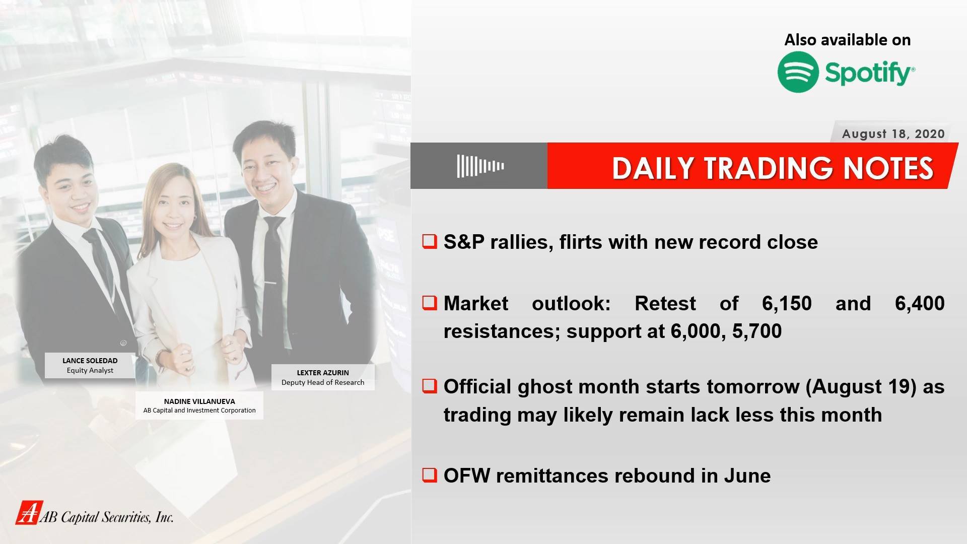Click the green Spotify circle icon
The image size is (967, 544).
point(798,72)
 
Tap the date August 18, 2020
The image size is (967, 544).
point(893,134)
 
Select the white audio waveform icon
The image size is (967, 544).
point(480,166)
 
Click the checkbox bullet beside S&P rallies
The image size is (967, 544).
point(430,241)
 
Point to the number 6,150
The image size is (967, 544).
point(787,303)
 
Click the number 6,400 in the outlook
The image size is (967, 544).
point(920,303)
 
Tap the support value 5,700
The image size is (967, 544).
point(757,331)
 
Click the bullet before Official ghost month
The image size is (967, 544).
point(430,386)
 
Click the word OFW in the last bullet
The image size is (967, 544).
point(466,475)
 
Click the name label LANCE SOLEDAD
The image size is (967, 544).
point(90,361)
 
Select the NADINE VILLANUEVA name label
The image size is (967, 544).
point(199,401)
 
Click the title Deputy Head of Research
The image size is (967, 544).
point(323,382)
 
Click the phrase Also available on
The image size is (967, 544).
point(848,40)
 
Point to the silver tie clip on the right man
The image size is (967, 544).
point(270,284)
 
